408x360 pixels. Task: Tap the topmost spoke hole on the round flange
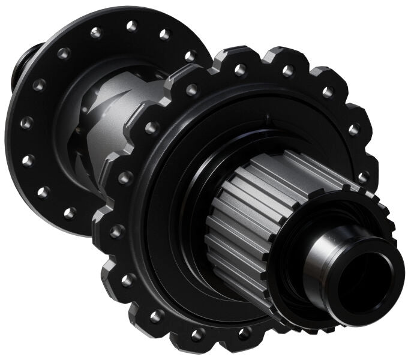[x=131, y=25]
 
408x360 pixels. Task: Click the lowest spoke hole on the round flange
[x=70, y=212]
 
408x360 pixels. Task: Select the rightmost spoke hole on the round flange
[x=190, y=56]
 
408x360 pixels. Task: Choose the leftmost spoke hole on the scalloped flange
[x=118, y=232]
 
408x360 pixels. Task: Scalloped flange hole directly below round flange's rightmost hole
[x=191, y=90]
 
